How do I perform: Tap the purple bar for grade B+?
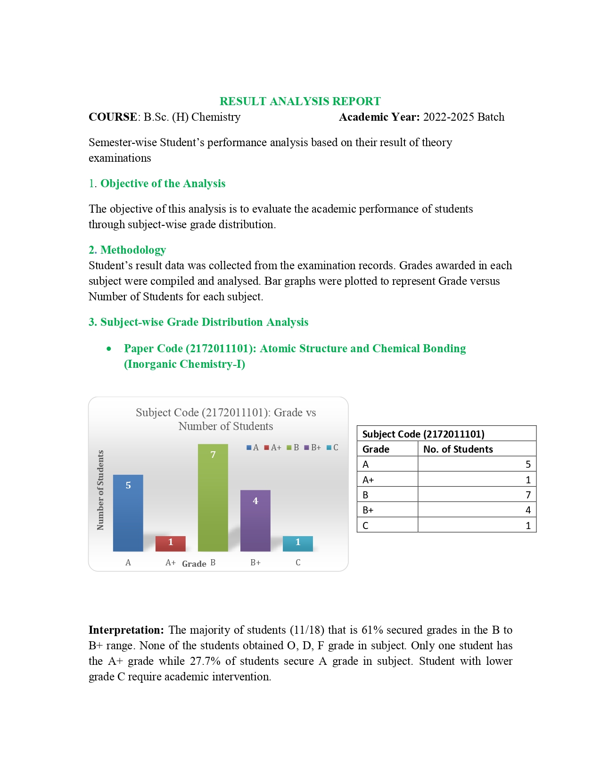point(255,521)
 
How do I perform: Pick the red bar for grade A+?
point(170,543)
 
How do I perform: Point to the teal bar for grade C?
point(297,543)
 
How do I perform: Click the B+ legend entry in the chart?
point(313,447)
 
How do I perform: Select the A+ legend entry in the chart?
point(272,447)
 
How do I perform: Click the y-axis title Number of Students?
point(100,490)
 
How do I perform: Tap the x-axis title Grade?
point(194,564)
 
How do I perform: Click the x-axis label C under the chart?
point(298,563)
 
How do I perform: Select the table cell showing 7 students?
point(477,495)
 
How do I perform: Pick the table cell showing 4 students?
point(477,510)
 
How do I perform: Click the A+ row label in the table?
point(368,480)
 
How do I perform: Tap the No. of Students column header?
point(458,449)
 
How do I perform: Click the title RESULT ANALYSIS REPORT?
point(300,101)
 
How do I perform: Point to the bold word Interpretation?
point(126,630)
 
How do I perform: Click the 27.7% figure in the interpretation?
point(205,661)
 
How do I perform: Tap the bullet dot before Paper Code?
point(109,349)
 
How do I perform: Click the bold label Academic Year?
point(379,117)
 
